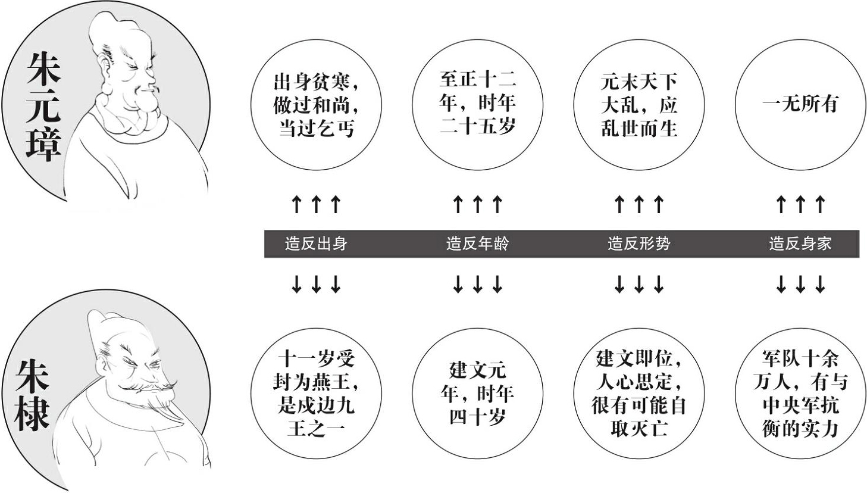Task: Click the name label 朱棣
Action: (x=33, y=395)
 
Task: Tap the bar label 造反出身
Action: (x=316, y=244)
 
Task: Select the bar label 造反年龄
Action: (x=477, y=244)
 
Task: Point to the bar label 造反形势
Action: (x=638, y=244)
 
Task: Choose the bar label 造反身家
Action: (x=800, y=244)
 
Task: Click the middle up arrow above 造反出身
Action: (x=316, y=204)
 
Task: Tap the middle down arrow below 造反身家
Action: (x=800, y=284)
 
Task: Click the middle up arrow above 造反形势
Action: (x=638, y=204)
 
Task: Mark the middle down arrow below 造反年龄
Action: (x=477, y=284)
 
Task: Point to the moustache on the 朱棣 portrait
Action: (x=149, y=386)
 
